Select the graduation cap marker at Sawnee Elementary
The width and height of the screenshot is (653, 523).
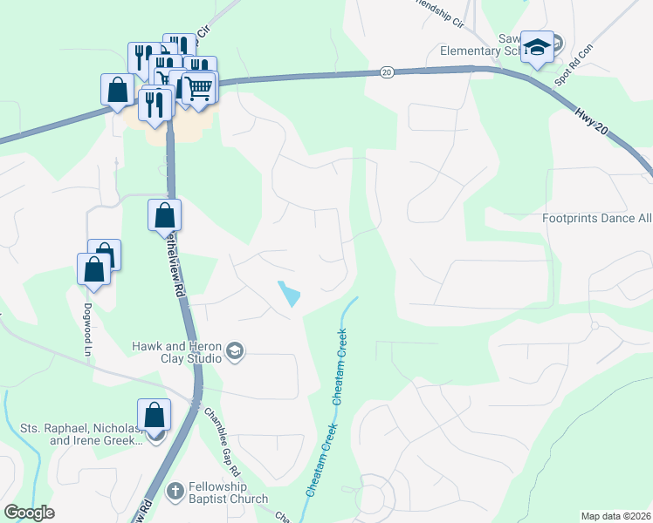537,47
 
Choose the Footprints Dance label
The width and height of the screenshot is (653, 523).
596,218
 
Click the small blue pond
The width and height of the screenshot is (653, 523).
288,294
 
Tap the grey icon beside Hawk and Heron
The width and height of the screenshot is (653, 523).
234,352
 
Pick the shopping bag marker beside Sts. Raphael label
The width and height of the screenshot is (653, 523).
154,415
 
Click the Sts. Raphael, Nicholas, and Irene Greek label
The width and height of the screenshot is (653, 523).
80,434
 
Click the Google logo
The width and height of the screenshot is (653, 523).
29,513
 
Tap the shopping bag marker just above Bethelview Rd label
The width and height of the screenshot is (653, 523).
164,214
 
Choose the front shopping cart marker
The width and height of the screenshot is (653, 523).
199,87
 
